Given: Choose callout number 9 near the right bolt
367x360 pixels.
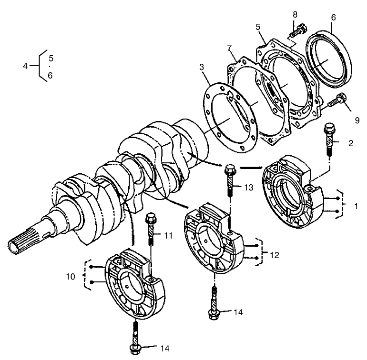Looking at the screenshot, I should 357,120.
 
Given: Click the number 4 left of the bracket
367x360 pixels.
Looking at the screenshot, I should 25,66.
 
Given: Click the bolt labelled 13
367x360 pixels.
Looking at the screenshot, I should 230,181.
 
